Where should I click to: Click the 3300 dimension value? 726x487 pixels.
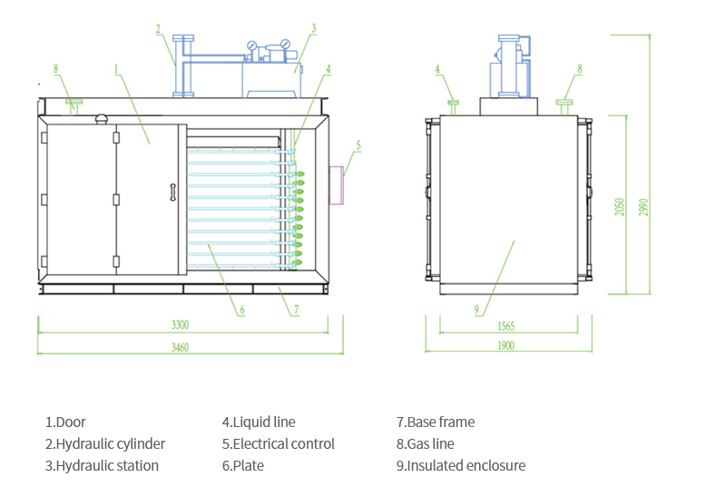180,324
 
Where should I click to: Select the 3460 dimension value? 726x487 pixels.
180,347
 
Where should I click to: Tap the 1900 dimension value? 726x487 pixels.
505,346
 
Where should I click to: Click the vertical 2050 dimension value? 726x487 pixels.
620,207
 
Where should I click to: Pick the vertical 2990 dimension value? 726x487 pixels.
644,207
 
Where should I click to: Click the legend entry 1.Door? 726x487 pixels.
65,422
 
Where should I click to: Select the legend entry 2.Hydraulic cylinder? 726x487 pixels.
105,444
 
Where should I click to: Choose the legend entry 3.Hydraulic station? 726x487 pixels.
102,466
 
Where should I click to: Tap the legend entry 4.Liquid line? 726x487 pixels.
259,422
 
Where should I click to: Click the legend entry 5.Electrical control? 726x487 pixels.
279,444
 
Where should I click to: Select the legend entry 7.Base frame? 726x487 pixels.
435,422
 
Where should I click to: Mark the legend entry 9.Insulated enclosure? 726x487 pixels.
460,466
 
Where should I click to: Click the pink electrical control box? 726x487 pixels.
335,185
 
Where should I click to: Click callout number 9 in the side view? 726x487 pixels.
476,310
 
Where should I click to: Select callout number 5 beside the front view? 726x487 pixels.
358,144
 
